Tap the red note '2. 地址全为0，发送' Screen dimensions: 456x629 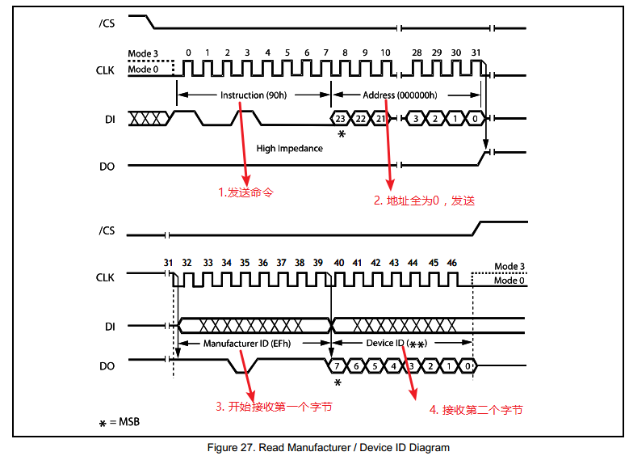[423, 201]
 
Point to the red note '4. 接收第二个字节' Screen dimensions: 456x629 [476, 410]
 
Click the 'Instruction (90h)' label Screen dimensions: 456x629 [253, 95]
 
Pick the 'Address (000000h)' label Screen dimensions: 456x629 [400, 95]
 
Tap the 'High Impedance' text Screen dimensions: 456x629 [289, 149]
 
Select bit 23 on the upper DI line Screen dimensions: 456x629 [341, 119]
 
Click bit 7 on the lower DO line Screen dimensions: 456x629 [338, 366]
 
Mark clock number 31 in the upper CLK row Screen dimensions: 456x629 [476, 53]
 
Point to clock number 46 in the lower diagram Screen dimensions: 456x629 [451, 263]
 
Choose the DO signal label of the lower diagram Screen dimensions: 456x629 [108, 366]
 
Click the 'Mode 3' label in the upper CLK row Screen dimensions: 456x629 [144, 53]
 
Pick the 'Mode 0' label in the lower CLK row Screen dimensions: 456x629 [509, 281]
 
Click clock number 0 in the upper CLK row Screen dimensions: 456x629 [188, 53]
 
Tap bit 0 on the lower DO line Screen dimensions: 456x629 [468, 366]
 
